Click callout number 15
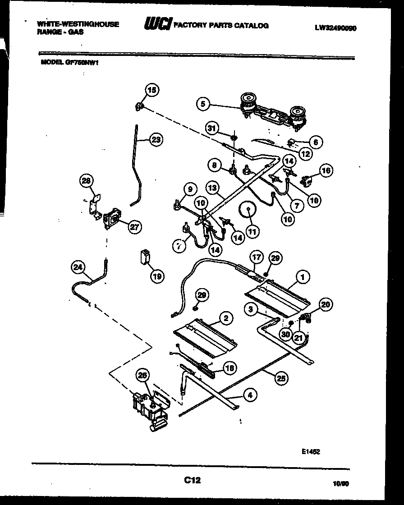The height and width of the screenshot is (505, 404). point(151,90)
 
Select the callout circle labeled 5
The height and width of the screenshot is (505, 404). point(203,104)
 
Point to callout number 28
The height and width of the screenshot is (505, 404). point(86,181)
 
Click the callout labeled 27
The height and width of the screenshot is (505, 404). point(134,227)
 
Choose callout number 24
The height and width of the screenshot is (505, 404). point(78,268)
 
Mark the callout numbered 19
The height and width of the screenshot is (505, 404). point(157,276)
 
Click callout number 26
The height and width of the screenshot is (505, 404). point(142,375)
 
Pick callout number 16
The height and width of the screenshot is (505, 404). point(326,170)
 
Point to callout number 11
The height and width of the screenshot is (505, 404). point(252,231)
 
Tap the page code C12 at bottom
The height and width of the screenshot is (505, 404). point(192,481)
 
